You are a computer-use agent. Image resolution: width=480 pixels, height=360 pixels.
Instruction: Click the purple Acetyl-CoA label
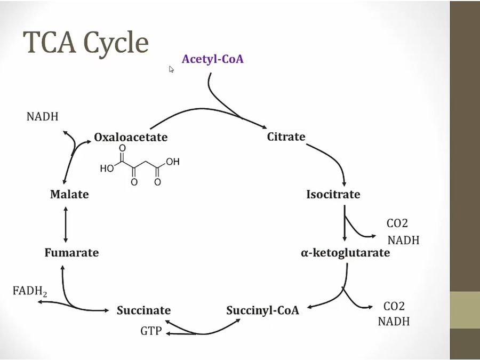(212, 59)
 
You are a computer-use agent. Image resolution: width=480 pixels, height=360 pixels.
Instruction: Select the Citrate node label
(286, 137)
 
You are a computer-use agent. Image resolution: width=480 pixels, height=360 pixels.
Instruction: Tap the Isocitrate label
(333, 194)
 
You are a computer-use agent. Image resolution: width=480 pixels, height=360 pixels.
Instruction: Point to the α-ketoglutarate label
(345, 252)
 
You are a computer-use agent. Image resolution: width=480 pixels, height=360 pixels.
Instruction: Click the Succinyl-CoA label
(262, 310)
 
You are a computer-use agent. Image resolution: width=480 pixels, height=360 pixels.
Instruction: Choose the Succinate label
(143, 310)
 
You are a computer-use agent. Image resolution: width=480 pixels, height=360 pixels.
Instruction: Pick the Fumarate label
(71, 252)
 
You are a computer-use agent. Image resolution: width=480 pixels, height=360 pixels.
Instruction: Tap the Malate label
(69, 194)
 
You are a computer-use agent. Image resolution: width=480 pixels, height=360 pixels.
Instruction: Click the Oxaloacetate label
(131, 137)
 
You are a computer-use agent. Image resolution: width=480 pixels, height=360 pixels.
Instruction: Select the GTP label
(150, 331)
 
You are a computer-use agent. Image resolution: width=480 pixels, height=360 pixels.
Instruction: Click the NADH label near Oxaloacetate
(42, 116)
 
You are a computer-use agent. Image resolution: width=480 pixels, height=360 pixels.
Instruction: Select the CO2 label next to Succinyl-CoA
(394, 306)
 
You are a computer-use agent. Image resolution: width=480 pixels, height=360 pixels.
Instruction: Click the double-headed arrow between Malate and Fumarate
(66, 224)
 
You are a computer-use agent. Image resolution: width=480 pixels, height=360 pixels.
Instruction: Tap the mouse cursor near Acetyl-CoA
(172, 69)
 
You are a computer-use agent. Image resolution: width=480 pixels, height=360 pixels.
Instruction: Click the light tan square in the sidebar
(465, 310)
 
